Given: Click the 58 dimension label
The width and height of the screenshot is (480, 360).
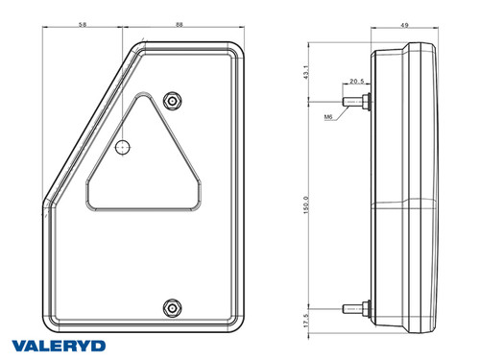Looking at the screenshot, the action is (x=83, y=24).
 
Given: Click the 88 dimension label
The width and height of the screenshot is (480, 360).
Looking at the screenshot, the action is (x=180, y=24).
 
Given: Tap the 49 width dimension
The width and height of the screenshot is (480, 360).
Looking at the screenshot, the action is (x=404, y=25).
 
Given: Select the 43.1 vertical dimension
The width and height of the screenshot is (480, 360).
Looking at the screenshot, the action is (x=306, y=72).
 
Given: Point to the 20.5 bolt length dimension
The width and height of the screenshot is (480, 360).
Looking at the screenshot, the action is (x=357, y=81).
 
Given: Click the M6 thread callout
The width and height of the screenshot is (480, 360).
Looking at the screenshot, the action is (x=328, y=117).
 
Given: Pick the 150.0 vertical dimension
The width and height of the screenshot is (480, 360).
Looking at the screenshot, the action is (x=306, y=205).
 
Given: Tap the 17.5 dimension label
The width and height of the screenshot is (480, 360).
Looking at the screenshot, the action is (x=306, y=321).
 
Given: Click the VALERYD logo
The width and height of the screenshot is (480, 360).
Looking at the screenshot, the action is (x=59, y=346).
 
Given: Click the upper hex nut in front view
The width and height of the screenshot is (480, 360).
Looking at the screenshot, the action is (x=172, y=102).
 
